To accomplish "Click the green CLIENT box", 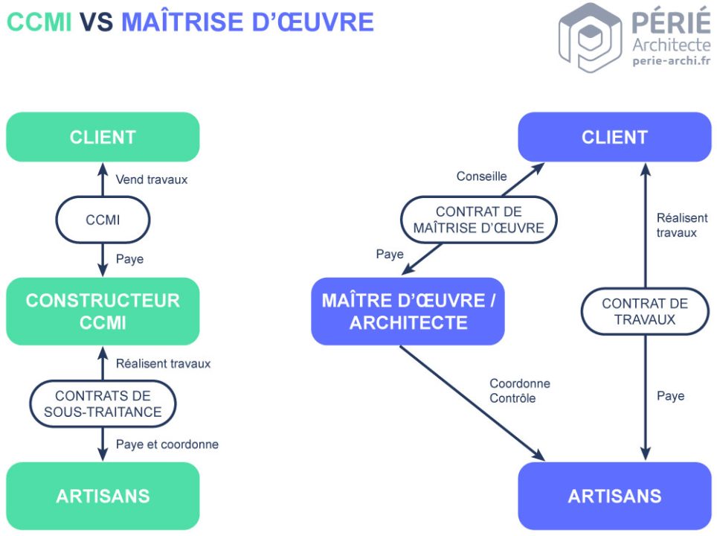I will pyautogui.click(x=103, y=137).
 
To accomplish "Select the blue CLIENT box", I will pyautogui.click(x=614, y=137).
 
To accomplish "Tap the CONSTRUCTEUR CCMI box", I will pyautogui.click(x=103, y=311).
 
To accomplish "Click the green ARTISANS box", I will pyautogui.click(x=103, y=496).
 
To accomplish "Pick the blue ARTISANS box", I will pyautogui.click(x=614, y=496).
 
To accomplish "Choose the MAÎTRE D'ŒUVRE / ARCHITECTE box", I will pyautogui.click(x=408, y=311).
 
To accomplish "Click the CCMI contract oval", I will pyautogui.click(x=103, y=220).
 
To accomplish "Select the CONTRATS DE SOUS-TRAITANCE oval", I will pyautogui.click(x=103, y=404).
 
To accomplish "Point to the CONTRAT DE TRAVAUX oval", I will pyautogui.click(x=644, y=311).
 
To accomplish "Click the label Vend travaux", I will pyautogui.click(x=152, y=179).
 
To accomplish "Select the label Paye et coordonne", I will pyautogui.click(x=167, y=444).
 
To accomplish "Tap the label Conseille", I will pyautogui.click(x=481, y=176).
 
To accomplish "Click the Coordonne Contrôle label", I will pyautogui.click(x=519, y=391).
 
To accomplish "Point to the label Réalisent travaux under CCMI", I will pyautogui.click(x=163, y=364).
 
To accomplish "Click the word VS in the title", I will pyautogui.click(x=96, y=22).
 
